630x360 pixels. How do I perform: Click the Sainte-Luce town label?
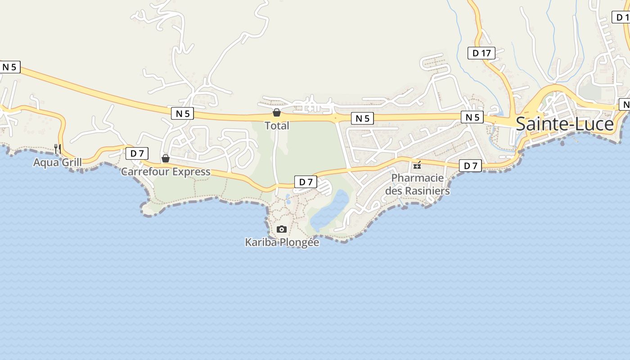point(564,124)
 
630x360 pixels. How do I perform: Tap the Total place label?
point(277,126)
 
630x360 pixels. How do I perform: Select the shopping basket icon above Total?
point(277,112)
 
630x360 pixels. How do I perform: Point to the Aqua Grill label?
point(57,162)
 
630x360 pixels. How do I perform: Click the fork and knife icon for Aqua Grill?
point(57,148)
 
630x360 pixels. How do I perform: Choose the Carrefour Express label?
point(166,171)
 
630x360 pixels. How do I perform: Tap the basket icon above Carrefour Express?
point(166,158)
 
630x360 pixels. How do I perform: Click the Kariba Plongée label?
point(282,242)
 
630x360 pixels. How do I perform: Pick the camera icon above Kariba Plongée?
point(282,229)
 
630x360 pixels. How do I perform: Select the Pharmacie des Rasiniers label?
point(417,184)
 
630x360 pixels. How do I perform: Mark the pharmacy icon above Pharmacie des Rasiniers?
point(417,165)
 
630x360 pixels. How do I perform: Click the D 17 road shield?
point(481,53)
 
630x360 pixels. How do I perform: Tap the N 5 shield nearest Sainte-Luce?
point(472,117)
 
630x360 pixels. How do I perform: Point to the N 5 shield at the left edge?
point(9,67)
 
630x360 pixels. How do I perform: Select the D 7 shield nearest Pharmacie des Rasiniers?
point(470,166)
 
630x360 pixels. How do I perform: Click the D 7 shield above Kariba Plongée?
point(306,182)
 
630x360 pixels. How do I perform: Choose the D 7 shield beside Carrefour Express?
point(137,153)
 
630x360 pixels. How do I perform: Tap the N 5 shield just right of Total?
point(362,118)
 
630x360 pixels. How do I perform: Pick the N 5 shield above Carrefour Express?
point(182,113)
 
